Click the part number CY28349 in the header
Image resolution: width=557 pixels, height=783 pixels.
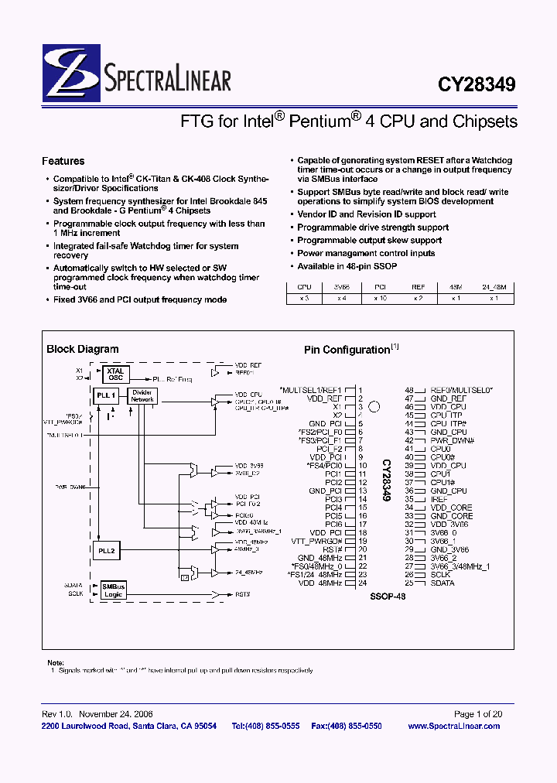coord(477,84)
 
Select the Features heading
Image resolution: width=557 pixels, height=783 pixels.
coord(63,161)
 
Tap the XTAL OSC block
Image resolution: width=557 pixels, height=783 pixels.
coord(114,374)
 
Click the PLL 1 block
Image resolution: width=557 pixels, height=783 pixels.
coord(106,395)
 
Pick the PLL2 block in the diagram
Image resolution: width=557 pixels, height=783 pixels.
coord(106,551)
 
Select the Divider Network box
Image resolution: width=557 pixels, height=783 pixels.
coord(142,396)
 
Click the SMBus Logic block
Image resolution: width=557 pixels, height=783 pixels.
coord(114,590)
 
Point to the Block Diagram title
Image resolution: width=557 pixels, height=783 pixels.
coord(83,349)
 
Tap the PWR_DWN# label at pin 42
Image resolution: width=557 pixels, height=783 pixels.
coord(452,440)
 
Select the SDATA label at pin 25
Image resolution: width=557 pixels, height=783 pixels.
coord(443,583)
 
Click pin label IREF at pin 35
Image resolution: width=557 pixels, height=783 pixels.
coord(439,500)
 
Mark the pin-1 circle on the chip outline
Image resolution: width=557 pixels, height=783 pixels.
coord(374,406)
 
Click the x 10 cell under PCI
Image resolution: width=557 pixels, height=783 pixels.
coord(380,297)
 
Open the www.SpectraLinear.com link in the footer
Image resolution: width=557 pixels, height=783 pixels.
coord(453,726)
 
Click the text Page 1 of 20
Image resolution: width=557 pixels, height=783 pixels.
coord(477,714)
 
